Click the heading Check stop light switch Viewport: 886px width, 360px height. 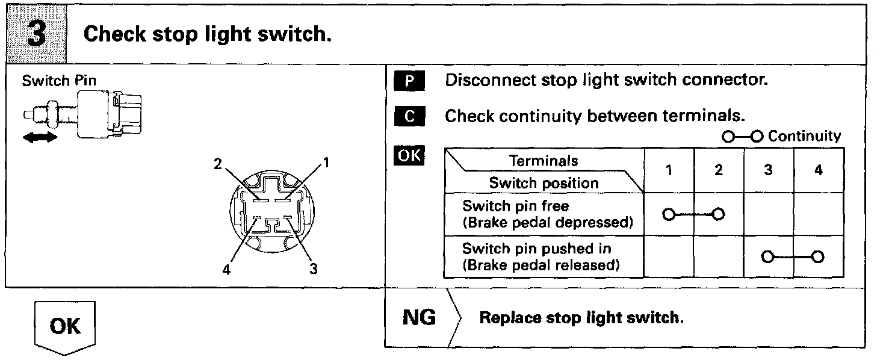(x=208, y=34)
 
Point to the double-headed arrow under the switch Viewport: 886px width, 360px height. (x=41, y=138)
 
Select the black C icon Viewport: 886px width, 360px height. (x=409, y=117)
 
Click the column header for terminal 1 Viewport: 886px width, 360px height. (x=669, y=170)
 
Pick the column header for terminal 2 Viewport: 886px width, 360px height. (x=719, y=170)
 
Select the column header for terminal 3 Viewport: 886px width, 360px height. (x=769, y=170)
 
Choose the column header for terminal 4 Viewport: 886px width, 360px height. (x=818, y=170)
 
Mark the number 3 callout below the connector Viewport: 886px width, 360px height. (x=313, y=269)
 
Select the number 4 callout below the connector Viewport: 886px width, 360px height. (x=226, y=270)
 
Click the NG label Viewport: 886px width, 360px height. (x=419, y=317)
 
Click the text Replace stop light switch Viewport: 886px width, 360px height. (x=581, y=317)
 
